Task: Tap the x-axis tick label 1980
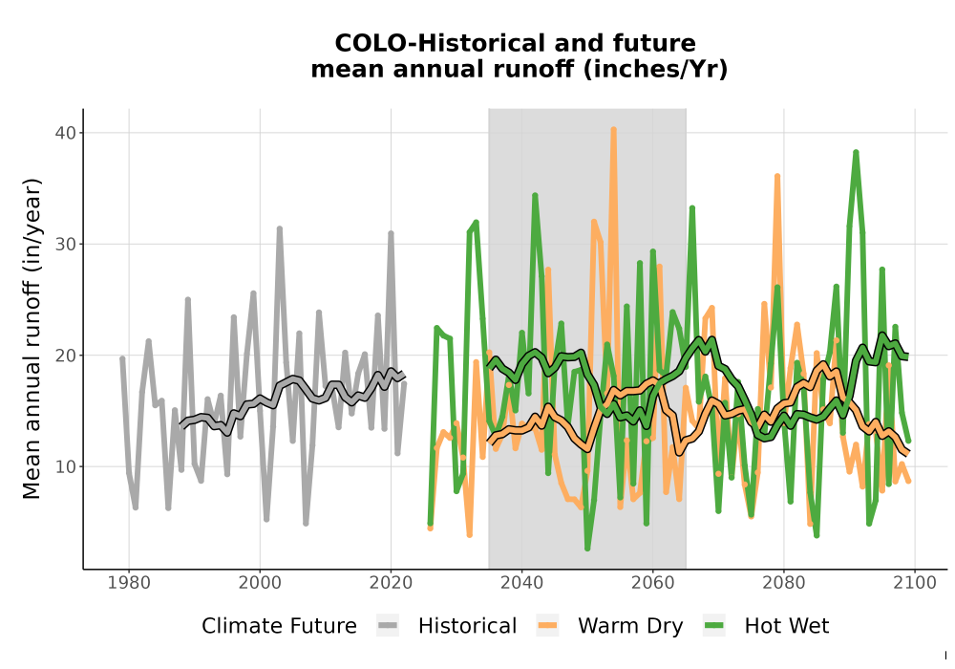129,583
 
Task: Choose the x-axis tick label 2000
260,583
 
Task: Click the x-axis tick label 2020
391,583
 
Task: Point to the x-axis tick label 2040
522,583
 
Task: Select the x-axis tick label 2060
653,583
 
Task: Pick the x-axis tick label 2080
784,583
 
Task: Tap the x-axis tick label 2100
915,583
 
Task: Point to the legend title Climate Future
279,626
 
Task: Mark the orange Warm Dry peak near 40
613,130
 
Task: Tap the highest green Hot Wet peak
856,153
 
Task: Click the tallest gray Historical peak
280,229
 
